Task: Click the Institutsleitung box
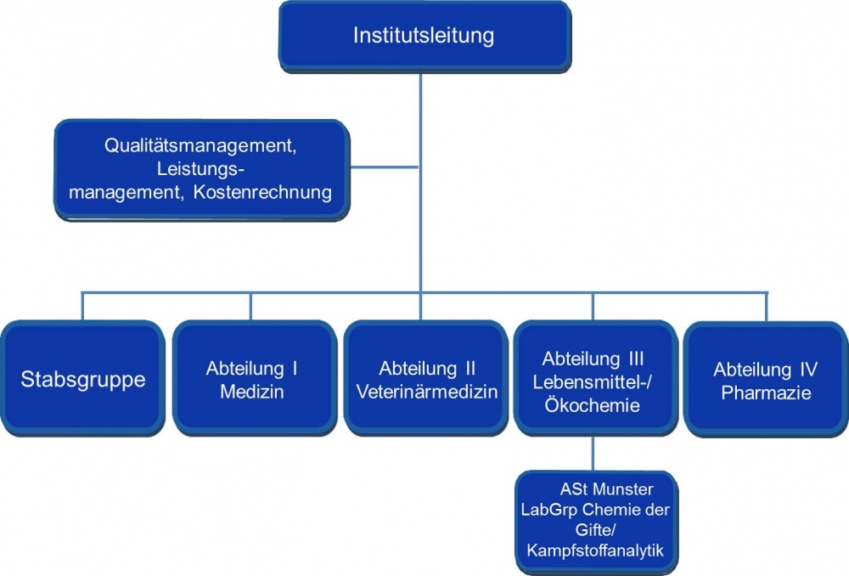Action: pos(423,37)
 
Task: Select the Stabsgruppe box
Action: pos(82,379)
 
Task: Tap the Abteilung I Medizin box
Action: pos(251,379)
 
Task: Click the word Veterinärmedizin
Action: pos(427,392)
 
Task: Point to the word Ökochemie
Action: pos(593,407)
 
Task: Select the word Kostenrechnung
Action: pos(262,193)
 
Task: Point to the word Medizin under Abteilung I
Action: pos(251,392)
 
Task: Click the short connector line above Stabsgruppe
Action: pos(82,307)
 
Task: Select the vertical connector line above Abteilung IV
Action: pos(766,307)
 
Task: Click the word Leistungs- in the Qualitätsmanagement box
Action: pos(198,169)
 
